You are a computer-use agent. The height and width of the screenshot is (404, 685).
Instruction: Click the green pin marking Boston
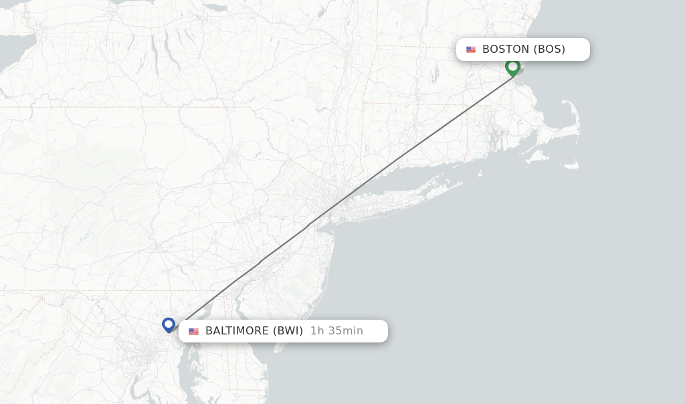coord(512,67)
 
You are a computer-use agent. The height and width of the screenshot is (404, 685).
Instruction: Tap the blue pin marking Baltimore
coord(169,324)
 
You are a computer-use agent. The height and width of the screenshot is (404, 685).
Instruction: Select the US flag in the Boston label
coord(471,49)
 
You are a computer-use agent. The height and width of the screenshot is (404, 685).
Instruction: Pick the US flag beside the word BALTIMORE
coord(193,331)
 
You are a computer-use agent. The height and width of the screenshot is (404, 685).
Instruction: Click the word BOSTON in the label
coord(506,49)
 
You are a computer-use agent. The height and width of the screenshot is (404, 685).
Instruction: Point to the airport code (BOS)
coord(549,49)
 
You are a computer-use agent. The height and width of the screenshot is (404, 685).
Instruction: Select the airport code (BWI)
coord(288,331)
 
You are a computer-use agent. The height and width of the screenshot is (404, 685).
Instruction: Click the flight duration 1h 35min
coord(336,331)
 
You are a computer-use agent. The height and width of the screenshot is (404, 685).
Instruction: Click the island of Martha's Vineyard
coord(535,158)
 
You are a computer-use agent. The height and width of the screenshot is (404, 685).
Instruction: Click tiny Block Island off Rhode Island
coord(480,173)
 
